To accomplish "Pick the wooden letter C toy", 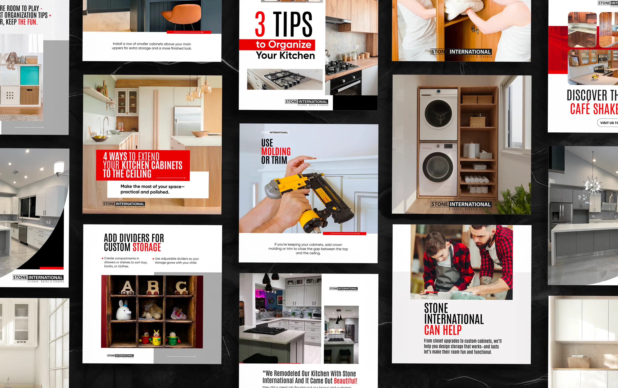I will click(x=181, y=287).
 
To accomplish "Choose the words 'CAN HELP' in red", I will click(x=443, y=330).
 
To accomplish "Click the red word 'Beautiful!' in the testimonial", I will click(x=345, y=381).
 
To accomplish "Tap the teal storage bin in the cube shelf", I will click(x=30, y=75).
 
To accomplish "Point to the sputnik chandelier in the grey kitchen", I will click(x=592, y=185).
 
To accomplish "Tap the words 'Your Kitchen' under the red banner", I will click(x=285, y=56).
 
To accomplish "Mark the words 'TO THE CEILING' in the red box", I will click(x=127, y=174).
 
